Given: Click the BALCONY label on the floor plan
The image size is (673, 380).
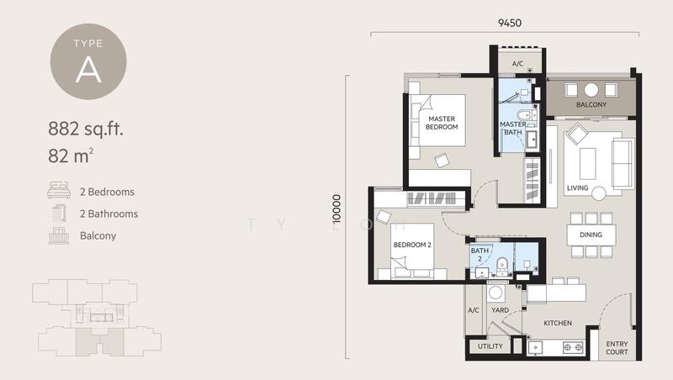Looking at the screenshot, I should (x=591, y=105).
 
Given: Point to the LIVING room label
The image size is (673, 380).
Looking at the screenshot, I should (x=577, y=187).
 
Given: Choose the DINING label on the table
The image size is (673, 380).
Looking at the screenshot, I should (x=591, y=235).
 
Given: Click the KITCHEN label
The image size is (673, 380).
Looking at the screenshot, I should (x=558, y=323).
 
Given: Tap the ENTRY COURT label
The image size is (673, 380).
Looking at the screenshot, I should (x=617, y=347).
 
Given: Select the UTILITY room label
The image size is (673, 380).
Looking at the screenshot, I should (x=490, y=346).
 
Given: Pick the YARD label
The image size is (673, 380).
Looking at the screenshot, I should (x=500, y=310).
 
